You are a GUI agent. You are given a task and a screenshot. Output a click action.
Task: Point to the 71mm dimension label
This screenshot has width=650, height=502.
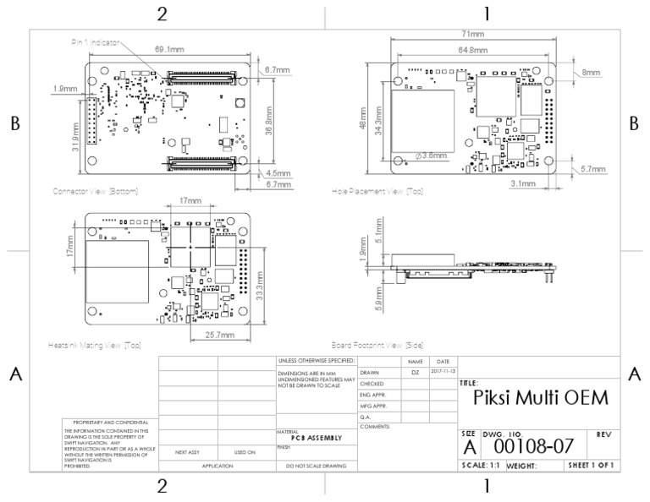click(x=472, y=34)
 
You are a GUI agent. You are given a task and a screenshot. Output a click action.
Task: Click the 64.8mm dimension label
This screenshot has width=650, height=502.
click(x=472, y=51)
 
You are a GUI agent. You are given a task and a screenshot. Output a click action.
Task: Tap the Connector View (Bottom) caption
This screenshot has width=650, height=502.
click(x=95, y=191)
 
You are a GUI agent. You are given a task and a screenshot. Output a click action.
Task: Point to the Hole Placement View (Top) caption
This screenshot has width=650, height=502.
click(x=377, y=192)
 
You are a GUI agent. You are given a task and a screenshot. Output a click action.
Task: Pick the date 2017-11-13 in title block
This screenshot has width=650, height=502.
click(x=443, y=372)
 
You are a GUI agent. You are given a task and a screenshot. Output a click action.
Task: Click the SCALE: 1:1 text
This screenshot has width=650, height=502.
click(x=480, y=465)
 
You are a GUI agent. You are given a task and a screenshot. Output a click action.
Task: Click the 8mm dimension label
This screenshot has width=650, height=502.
click(x=592, y=73)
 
